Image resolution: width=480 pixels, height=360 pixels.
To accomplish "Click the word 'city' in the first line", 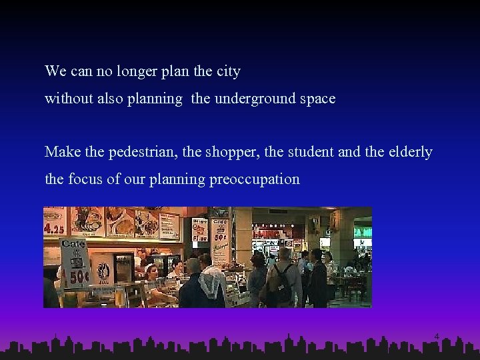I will pos(229,71).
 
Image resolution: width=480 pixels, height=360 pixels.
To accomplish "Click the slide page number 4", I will pos(437,336).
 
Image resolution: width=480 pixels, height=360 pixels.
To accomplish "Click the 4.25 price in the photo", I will pos(54,227).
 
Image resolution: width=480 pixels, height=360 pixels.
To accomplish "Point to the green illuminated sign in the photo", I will pos(363,232).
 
